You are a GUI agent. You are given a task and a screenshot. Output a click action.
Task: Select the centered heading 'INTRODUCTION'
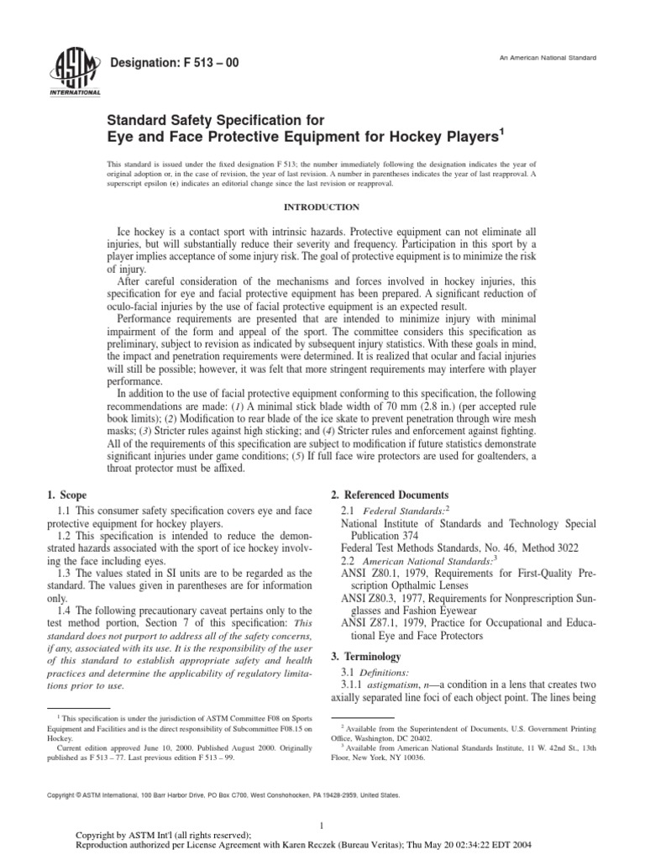pos(322,207)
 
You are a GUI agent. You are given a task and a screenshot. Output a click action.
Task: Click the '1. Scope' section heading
pos(70,496)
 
